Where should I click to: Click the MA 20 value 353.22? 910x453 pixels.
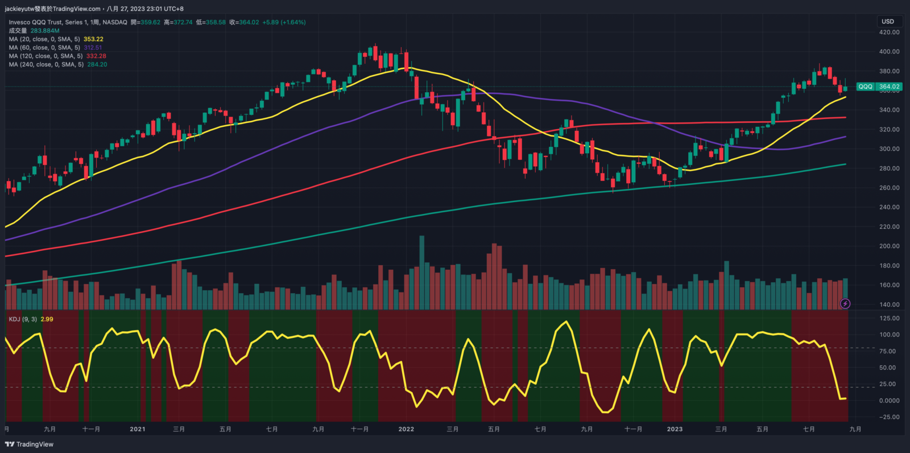[93, 39]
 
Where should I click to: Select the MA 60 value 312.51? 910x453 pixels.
[93, 48]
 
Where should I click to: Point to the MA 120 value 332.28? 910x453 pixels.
[96, 56]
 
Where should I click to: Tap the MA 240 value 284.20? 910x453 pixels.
[97, 65]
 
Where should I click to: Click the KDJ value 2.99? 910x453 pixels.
[47, 319]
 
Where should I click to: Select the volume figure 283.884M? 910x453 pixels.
[45, 31]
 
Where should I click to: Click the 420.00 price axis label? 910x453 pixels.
[889, 32]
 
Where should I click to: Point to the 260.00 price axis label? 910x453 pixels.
[889, 188]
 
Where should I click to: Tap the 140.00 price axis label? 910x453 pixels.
[889, 304]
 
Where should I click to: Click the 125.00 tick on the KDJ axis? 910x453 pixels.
[889, 319]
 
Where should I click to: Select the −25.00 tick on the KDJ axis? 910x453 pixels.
[888, 417]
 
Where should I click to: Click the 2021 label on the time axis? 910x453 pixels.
[137, 429]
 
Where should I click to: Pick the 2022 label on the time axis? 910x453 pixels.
[406, 429]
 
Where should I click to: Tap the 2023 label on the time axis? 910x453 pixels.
[675, 429]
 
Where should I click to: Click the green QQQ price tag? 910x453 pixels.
[865, 87]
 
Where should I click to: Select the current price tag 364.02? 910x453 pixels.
[889, 87]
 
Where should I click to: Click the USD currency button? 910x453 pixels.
[888, 22]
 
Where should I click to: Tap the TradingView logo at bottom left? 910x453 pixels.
[29, 444]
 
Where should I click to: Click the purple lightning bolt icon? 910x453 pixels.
[845, 304]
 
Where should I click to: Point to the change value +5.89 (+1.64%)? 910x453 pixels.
[284, 22]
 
